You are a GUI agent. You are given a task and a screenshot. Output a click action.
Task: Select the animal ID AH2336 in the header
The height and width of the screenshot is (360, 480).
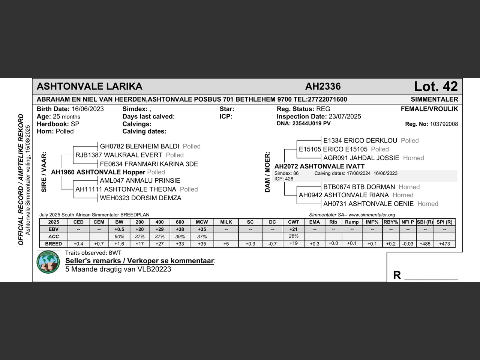click(x=323, y=87)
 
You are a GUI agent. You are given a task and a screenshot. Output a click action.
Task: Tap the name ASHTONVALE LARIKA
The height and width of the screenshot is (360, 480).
click(x=90, y=87)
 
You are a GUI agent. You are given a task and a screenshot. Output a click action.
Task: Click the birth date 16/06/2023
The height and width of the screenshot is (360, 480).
click(x=88, y=109)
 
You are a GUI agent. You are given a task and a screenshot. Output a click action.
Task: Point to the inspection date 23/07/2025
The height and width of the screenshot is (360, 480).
click(x=345, y=117)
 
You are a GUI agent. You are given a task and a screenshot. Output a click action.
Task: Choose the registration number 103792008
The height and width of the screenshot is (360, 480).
click(x=444, y=124)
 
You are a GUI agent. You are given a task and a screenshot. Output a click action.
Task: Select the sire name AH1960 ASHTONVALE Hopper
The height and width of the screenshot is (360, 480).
click(x=98, y=172)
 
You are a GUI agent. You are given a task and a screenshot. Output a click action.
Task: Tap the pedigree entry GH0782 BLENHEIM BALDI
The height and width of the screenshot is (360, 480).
click(x=139, y=146)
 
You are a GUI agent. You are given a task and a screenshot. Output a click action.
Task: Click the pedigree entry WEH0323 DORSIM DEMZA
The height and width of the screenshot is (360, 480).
click(x=141, y=198)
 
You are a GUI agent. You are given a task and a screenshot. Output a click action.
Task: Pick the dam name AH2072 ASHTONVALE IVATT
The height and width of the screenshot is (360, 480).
click(x=319, y=166)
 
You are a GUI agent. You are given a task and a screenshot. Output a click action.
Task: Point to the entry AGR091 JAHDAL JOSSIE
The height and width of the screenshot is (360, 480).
click(x=361, y=158)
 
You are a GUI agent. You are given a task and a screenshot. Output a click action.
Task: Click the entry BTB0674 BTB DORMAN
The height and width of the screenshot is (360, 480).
click(x=359, y=187)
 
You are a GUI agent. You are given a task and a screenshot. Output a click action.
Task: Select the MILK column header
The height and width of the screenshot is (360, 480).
click(x=226, y=222)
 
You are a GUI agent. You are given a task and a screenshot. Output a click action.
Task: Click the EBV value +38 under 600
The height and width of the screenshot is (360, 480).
click(x=180, y=229)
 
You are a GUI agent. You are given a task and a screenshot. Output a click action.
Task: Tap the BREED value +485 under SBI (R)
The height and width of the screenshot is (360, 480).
click(x=425, y=244)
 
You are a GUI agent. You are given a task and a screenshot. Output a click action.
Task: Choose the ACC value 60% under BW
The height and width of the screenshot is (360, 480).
click(x=119, y=237)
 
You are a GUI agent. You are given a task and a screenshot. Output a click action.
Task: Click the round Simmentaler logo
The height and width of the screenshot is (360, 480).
click(x=48, y=262)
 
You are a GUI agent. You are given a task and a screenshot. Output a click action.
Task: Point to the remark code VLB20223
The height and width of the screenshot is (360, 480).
click(x=154, y=269)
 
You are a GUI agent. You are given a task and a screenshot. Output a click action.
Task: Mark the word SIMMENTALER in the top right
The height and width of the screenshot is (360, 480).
click(x=434, y=99)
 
